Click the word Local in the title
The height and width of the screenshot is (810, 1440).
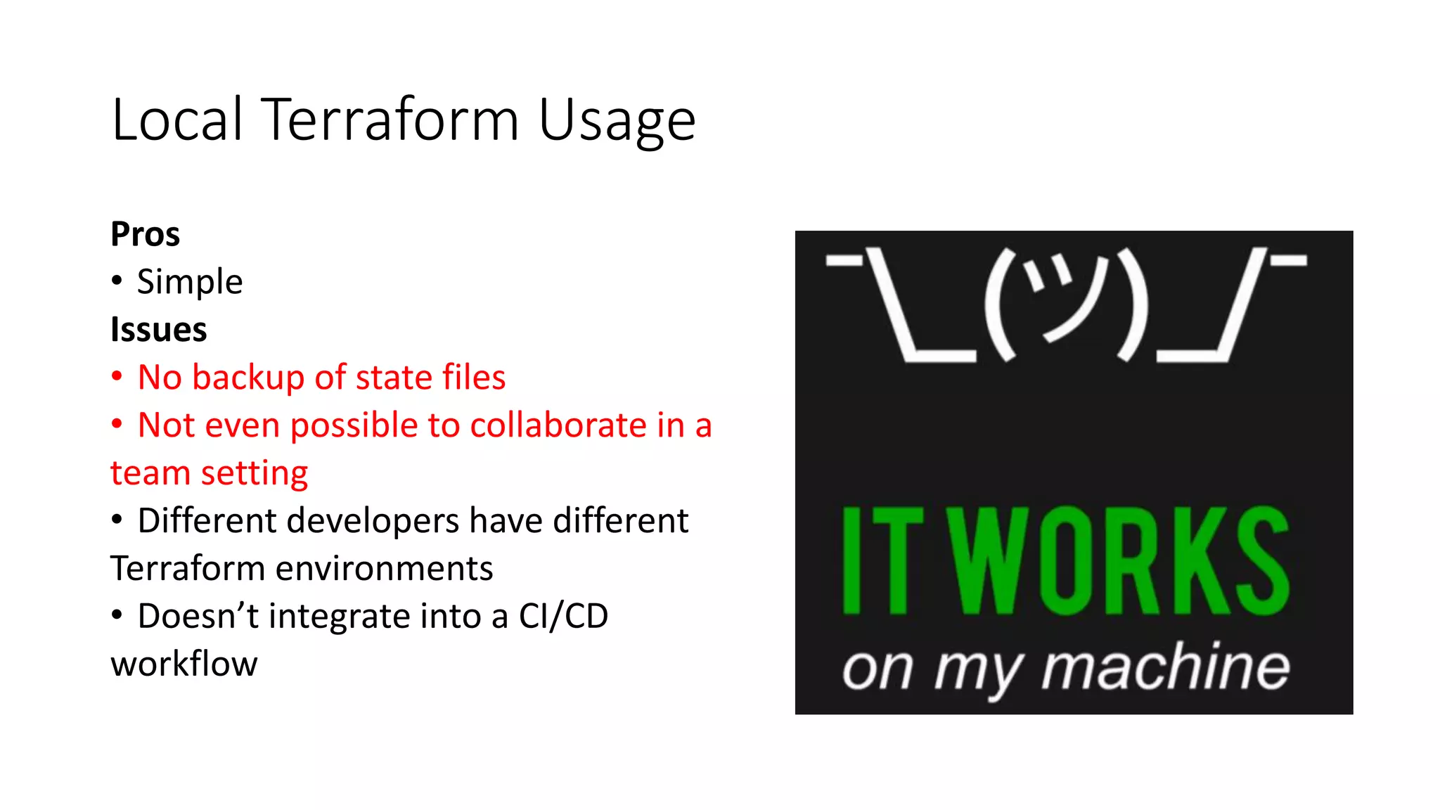(177, 120)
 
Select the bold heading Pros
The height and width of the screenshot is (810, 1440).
(145, 234)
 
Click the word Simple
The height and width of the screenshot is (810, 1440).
(190, 282)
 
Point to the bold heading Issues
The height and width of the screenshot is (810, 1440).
(159, 330)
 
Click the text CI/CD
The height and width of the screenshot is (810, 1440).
(563, 617)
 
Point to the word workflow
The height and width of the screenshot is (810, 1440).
(184, 664)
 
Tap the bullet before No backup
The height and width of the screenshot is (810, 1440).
(117, 376)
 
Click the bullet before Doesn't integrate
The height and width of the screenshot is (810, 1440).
(117, 615)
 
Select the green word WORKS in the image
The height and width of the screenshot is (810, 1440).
(1123, 560)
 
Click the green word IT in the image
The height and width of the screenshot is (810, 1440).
(882, 560)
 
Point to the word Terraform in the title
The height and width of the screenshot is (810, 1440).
(390, 120)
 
